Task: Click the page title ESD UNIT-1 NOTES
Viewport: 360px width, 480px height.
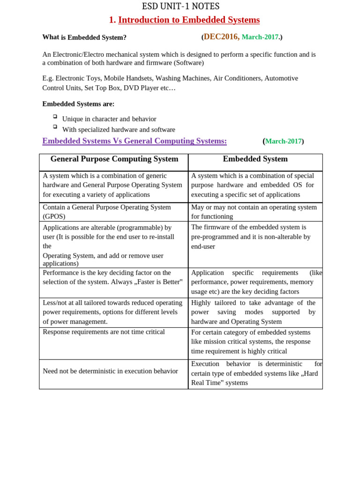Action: point(180,6)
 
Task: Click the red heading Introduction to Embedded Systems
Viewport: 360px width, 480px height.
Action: point(188,20)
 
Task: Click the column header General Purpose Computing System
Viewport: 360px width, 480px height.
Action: point(114,159)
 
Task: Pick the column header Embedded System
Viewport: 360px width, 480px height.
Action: point(255,159)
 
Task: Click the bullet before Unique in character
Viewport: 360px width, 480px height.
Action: point(55,116)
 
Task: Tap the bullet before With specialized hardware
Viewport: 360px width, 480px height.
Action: point(55,127)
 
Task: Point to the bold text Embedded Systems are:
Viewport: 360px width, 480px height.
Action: point(78,104)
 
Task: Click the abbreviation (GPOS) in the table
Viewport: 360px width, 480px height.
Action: point(54,217)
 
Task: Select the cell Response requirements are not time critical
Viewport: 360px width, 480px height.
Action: point(104,332)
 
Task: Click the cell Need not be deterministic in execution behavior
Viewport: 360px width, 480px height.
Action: point(110,371)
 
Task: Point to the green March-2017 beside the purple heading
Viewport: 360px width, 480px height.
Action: point(283,141)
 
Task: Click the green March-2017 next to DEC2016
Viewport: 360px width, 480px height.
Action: point(260,37)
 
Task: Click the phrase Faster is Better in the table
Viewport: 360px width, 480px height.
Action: point(157,282)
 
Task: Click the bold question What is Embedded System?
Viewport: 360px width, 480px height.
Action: point(84,37)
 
